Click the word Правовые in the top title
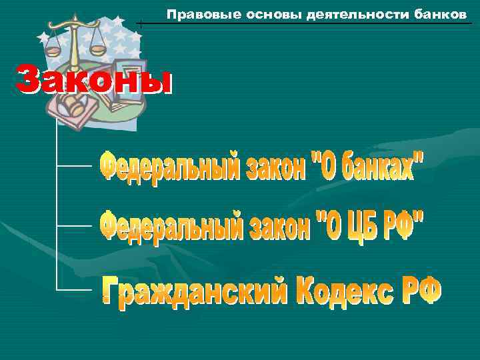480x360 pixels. click(x=190, y=14)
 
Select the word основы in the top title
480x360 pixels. click(x=244, y=14)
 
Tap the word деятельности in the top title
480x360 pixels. click(x=322, y=14)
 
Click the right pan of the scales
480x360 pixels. click(x=97, y=50)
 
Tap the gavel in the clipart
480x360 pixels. click(x=72, y=107)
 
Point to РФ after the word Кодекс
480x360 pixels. click(x=419, y=292)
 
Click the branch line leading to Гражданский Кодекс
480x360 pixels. click(x=73, y=290)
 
